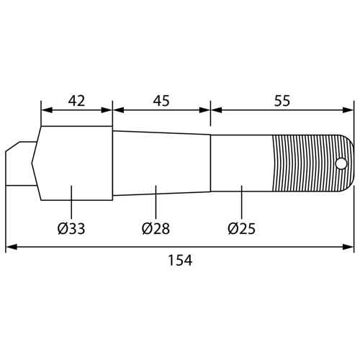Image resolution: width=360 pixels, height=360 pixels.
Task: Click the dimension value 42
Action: (x=76, y=101)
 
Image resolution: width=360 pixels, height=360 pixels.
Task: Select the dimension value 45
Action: (x=161, y=101)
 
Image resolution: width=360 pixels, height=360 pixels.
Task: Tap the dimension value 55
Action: (x=282, y=101)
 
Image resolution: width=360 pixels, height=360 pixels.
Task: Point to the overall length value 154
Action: (x=180, y=260)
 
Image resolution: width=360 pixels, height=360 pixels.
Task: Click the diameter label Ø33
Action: (x=71, y=228)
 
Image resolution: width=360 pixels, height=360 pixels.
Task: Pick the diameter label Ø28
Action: (x=156, y=228)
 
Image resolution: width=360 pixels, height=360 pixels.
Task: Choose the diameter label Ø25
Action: (x=242, y=228)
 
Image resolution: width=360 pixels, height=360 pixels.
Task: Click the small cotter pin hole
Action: (x=341, y=163)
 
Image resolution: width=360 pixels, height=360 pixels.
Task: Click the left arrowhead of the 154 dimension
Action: (x=11, y=247)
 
